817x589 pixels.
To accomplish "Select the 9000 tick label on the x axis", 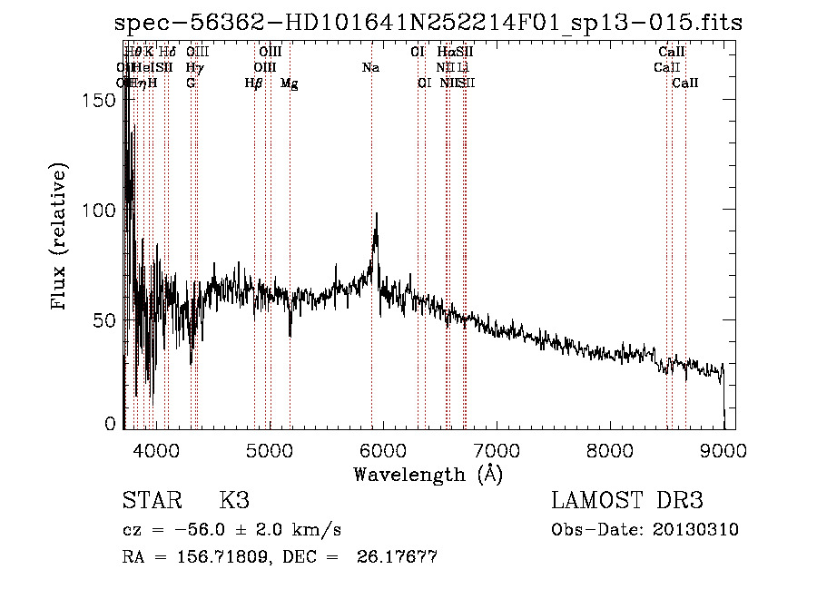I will point(723,449).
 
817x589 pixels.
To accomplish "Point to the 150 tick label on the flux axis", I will point(104,100).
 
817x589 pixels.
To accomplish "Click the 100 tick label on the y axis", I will point(104,210).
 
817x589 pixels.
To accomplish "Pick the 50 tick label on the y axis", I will point(110,320).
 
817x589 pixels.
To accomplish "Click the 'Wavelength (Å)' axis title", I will point(428,474).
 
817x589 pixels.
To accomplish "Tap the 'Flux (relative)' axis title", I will point(61,238).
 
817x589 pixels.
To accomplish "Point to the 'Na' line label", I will point(370,68).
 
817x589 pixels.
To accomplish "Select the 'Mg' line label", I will point(289,83).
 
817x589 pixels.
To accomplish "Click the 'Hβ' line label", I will point(254,83).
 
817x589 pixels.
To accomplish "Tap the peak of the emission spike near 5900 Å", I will point(376,215).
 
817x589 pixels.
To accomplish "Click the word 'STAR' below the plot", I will point(150,501).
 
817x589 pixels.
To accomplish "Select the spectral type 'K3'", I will point(234,501).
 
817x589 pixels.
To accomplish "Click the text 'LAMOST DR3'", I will point(627,501).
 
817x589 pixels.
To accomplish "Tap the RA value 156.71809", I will point(218,557).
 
